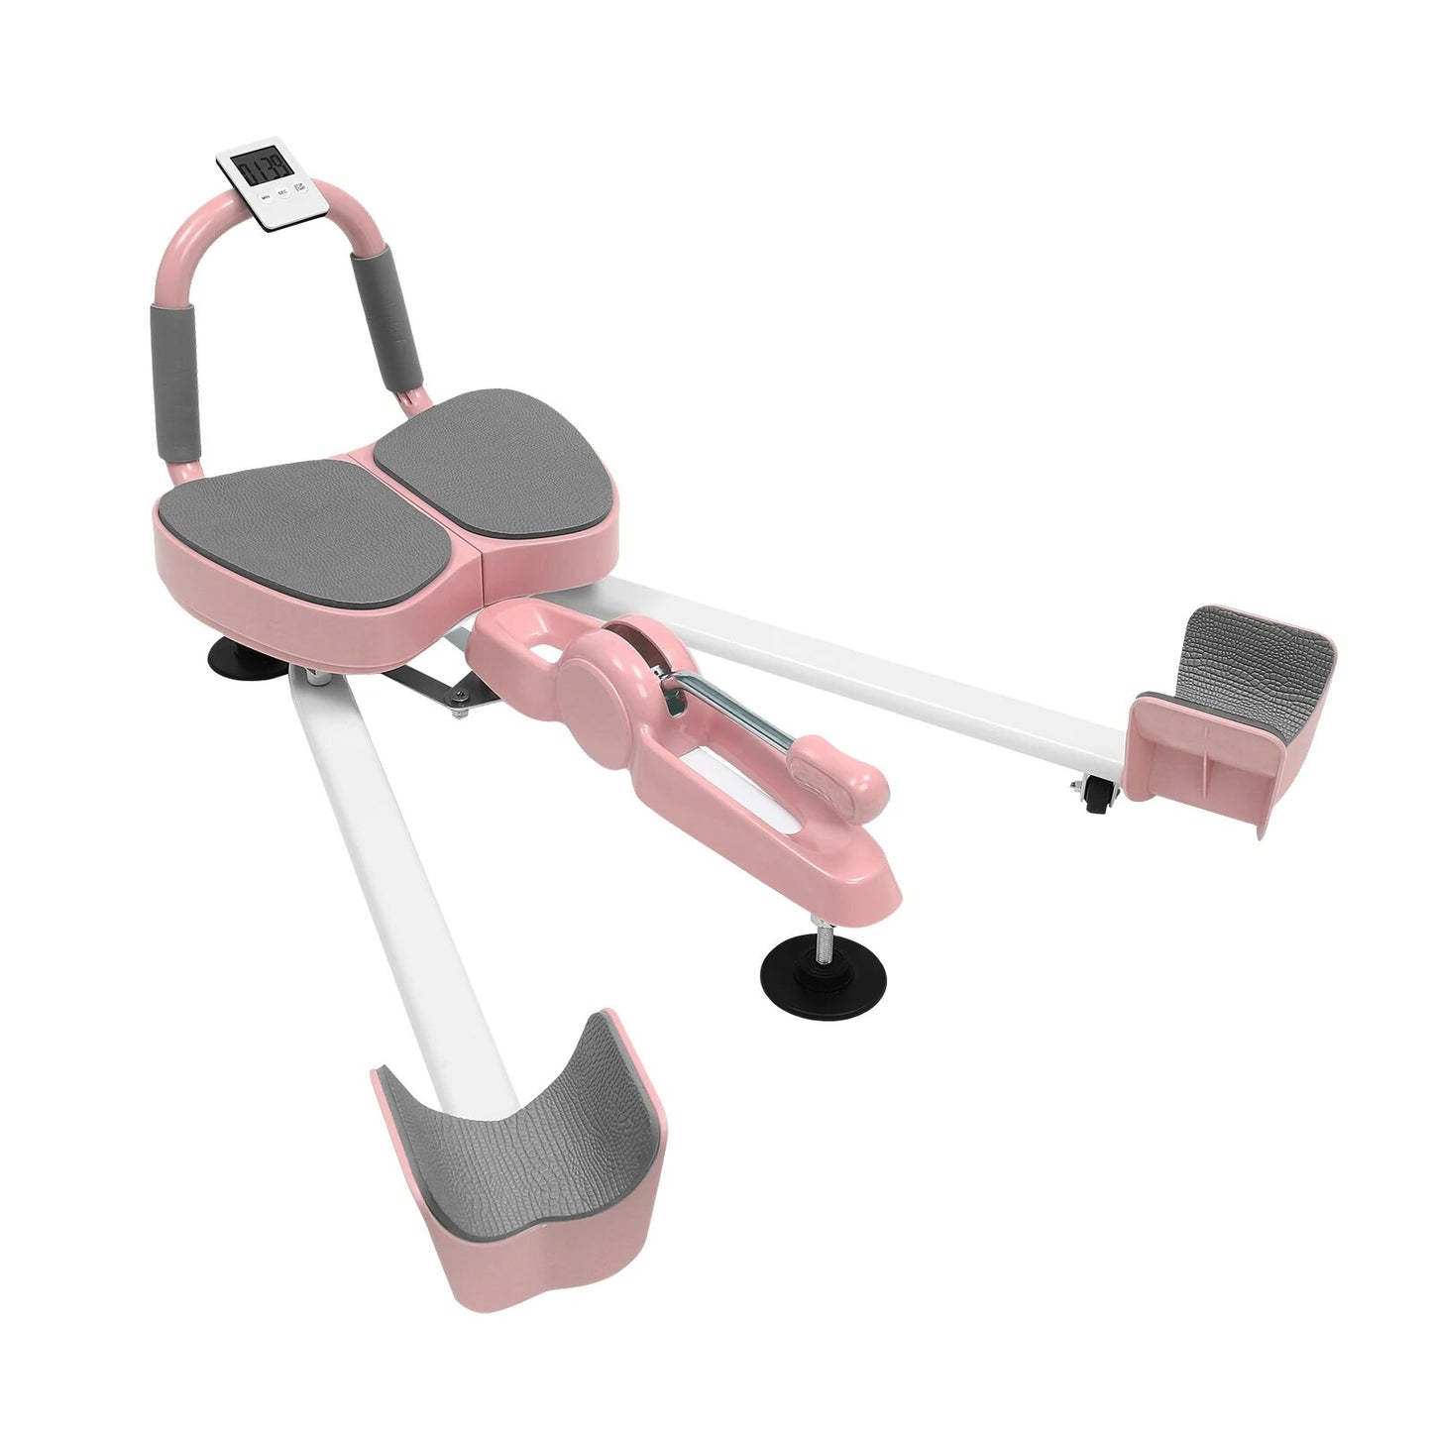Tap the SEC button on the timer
[x=282, y=192]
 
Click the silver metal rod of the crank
[x=734, y=706]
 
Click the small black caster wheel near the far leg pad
[x=1096, y=794]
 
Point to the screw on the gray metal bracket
[x=458, y=707]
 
